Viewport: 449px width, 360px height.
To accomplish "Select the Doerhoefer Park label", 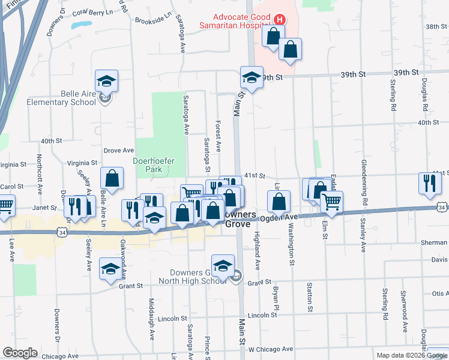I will (x=148, y=165).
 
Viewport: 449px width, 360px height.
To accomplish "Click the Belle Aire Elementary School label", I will (x=62, y=98).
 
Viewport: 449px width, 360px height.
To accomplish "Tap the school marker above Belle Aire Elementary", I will (x=107, y=82).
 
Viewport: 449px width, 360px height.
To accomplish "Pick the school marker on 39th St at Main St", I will (x=252, y=78).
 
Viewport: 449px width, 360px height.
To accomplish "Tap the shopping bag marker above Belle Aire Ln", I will (x=112, y=178).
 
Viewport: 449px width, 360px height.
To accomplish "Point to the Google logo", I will (x=20, y=353).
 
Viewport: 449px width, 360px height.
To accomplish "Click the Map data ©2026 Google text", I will (x=411, y=355).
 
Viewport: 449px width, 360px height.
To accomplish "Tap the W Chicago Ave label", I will (x=271, y=349).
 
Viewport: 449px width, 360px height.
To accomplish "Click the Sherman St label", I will (x=435, y=242).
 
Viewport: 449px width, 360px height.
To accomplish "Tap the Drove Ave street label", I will (x=118, y=151).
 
